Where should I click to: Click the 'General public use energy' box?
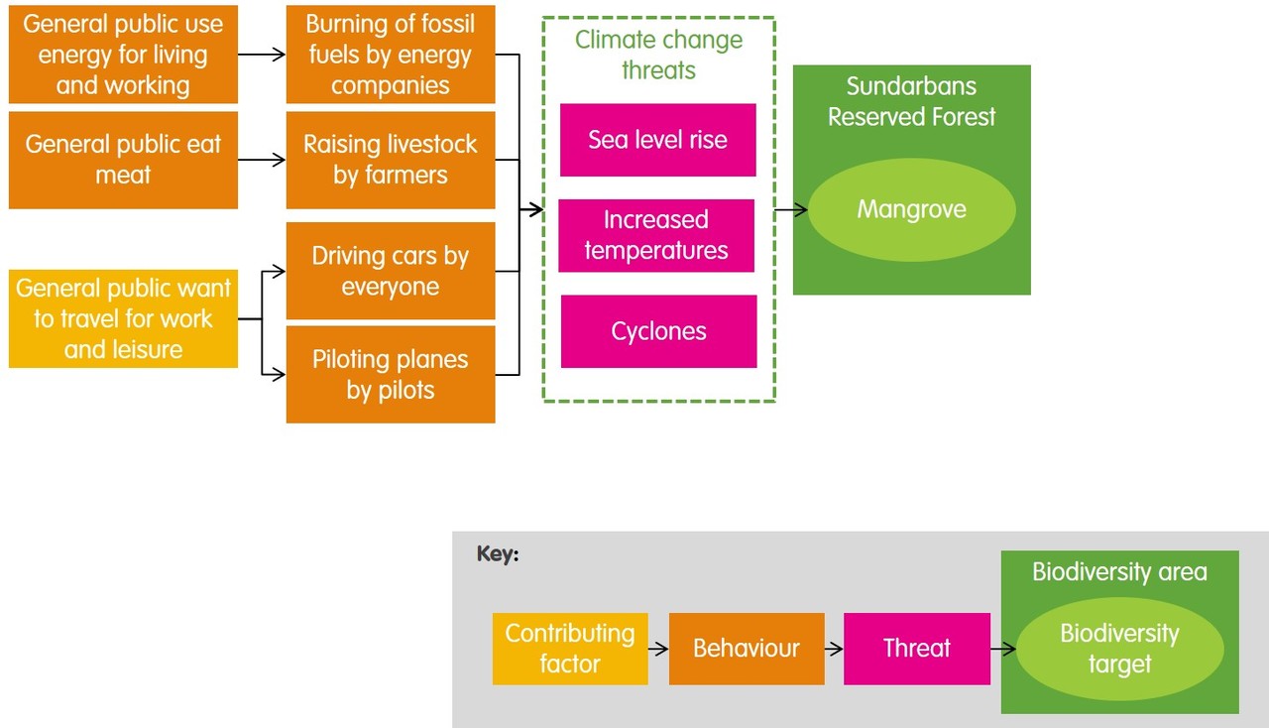click(123, 55)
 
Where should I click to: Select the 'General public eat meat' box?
click(123, 160)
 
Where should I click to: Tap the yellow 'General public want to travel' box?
click(123, 318)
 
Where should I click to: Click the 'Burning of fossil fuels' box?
click(390, 55)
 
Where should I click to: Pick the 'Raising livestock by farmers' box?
click(390, 160)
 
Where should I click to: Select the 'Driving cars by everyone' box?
click(390, 271)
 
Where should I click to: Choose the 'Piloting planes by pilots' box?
click(390, 375)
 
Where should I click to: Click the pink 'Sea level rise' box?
click(657, 140)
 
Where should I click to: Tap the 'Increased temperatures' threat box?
click(656, 235)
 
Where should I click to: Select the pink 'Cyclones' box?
click(658, 331)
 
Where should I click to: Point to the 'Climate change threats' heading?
click(658, 55)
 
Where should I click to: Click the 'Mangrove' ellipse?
click(911, 210)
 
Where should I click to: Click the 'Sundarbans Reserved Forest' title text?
click(911, 101)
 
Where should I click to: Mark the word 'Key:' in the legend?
click(498, 554)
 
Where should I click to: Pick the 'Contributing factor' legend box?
click(570, 649)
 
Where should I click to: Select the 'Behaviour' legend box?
click(747, 649)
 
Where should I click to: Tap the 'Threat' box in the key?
click(916, 649)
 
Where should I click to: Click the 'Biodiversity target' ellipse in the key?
click(1119, 649)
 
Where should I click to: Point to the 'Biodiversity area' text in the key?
click(1119, 572)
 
